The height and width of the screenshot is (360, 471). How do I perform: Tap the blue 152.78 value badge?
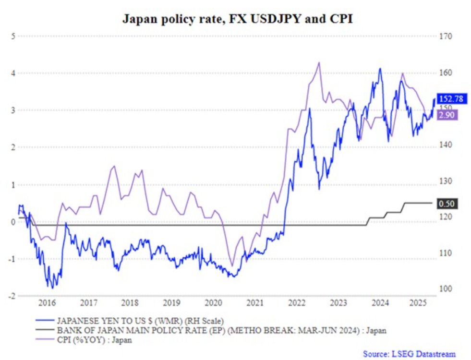click(x=450, y=99)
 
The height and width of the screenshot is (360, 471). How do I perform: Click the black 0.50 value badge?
click(x=447, y=204)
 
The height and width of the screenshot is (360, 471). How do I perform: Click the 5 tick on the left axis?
click(x=14, y=36)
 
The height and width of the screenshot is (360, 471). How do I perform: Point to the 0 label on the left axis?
click(x=14, y=222)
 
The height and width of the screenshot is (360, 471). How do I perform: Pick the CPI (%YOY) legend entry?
click(x=94, y=340)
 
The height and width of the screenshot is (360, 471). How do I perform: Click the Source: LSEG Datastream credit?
click(x=409, y=353)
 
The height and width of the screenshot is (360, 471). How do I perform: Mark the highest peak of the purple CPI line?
click(x=318, y=62)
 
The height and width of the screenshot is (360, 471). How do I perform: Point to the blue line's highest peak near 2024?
click(x=380, y=69)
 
